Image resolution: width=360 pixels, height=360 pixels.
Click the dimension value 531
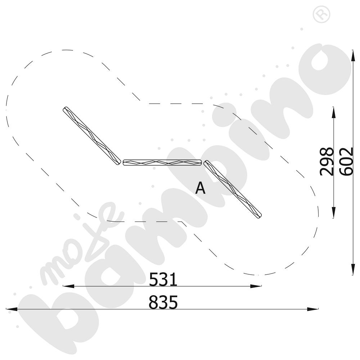pyautogui.click(x=163, y=279)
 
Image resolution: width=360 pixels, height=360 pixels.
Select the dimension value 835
pyautogui.click(x=163, y=302)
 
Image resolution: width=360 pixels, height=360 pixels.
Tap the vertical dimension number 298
pyautogui.click(x=327, y=162)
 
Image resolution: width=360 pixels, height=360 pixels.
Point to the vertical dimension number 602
pyautogui.click(x=346, y=162)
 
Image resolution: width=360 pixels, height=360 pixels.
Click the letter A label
pyautogui.click(x=200, y=188)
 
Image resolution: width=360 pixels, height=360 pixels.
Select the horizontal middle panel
pyautogui.click(x=162, y=163)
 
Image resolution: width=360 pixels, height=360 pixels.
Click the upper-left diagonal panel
pyautogui.click(x=92, y=136)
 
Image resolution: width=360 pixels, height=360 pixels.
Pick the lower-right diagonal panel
pyautogui.click(x=233, y=189)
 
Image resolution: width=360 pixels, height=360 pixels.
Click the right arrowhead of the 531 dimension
pyautogui.click(x=256, y=286)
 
